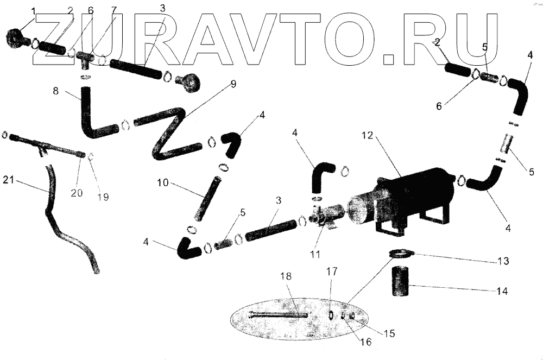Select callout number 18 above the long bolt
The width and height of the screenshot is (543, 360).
click(286, 276)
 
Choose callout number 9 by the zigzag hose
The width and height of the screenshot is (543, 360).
click(233, 84)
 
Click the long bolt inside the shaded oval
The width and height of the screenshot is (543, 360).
click(277, 315)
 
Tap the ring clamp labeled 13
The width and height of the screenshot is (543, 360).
click(401, 253)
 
